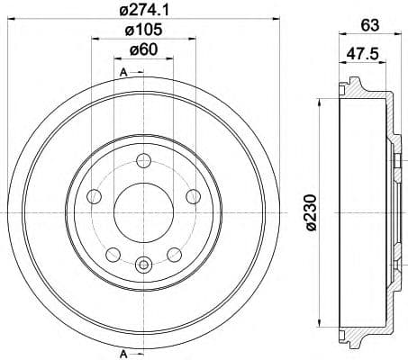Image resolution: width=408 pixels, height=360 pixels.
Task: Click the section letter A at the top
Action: [x=122, y=71]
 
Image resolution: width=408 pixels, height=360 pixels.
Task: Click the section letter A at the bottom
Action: [x=122, y=352]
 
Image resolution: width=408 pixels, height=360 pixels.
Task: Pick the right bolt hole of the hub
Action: [x=192, y=197]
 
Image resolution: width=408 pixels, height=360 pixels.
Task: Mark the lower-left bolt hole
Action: [x=112, y=255]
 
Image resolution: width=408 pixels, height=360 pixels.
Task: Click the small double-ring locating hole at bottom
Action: [x=143, y=264]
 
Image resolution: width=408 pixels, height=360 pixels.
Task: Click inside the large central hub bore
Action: [x=143, y=212]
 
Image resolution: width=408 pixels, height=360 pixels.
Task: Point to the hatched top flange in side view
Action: [x=358, y=91]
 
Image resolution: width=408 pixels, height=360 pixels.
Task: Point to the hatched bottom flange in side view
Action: [x=358, y=334]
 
